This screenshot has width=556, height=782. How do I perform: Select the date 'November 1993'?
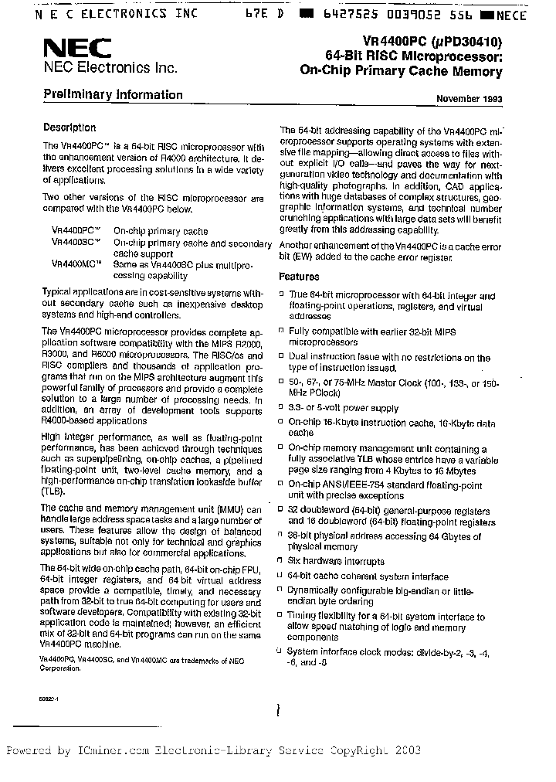coord(469,99)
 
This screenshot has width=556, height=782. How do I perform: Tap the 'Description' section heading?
coord(69,128)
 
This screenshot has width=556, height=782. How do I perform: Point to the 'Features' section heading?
coord(299,277)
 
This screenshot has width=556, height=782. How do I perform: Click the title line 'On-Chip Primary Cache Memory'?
coord(400,72)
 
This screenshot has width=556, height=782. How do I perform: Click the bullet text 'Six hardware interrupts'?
coord(336,562)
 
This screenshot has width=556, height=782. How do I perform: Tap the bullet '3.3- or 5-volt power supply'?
coord(343,408)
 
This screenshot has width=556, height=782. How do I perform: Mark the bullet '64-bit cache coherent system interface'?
coord(368,576)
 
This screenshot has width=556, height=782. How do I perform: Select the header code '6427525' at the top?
coord(356,14)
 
